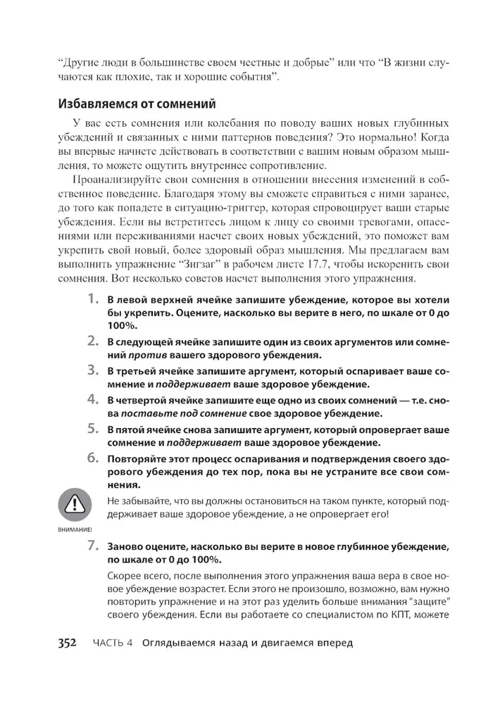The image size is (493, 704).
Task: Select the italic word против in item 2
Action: click(141, 354)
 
